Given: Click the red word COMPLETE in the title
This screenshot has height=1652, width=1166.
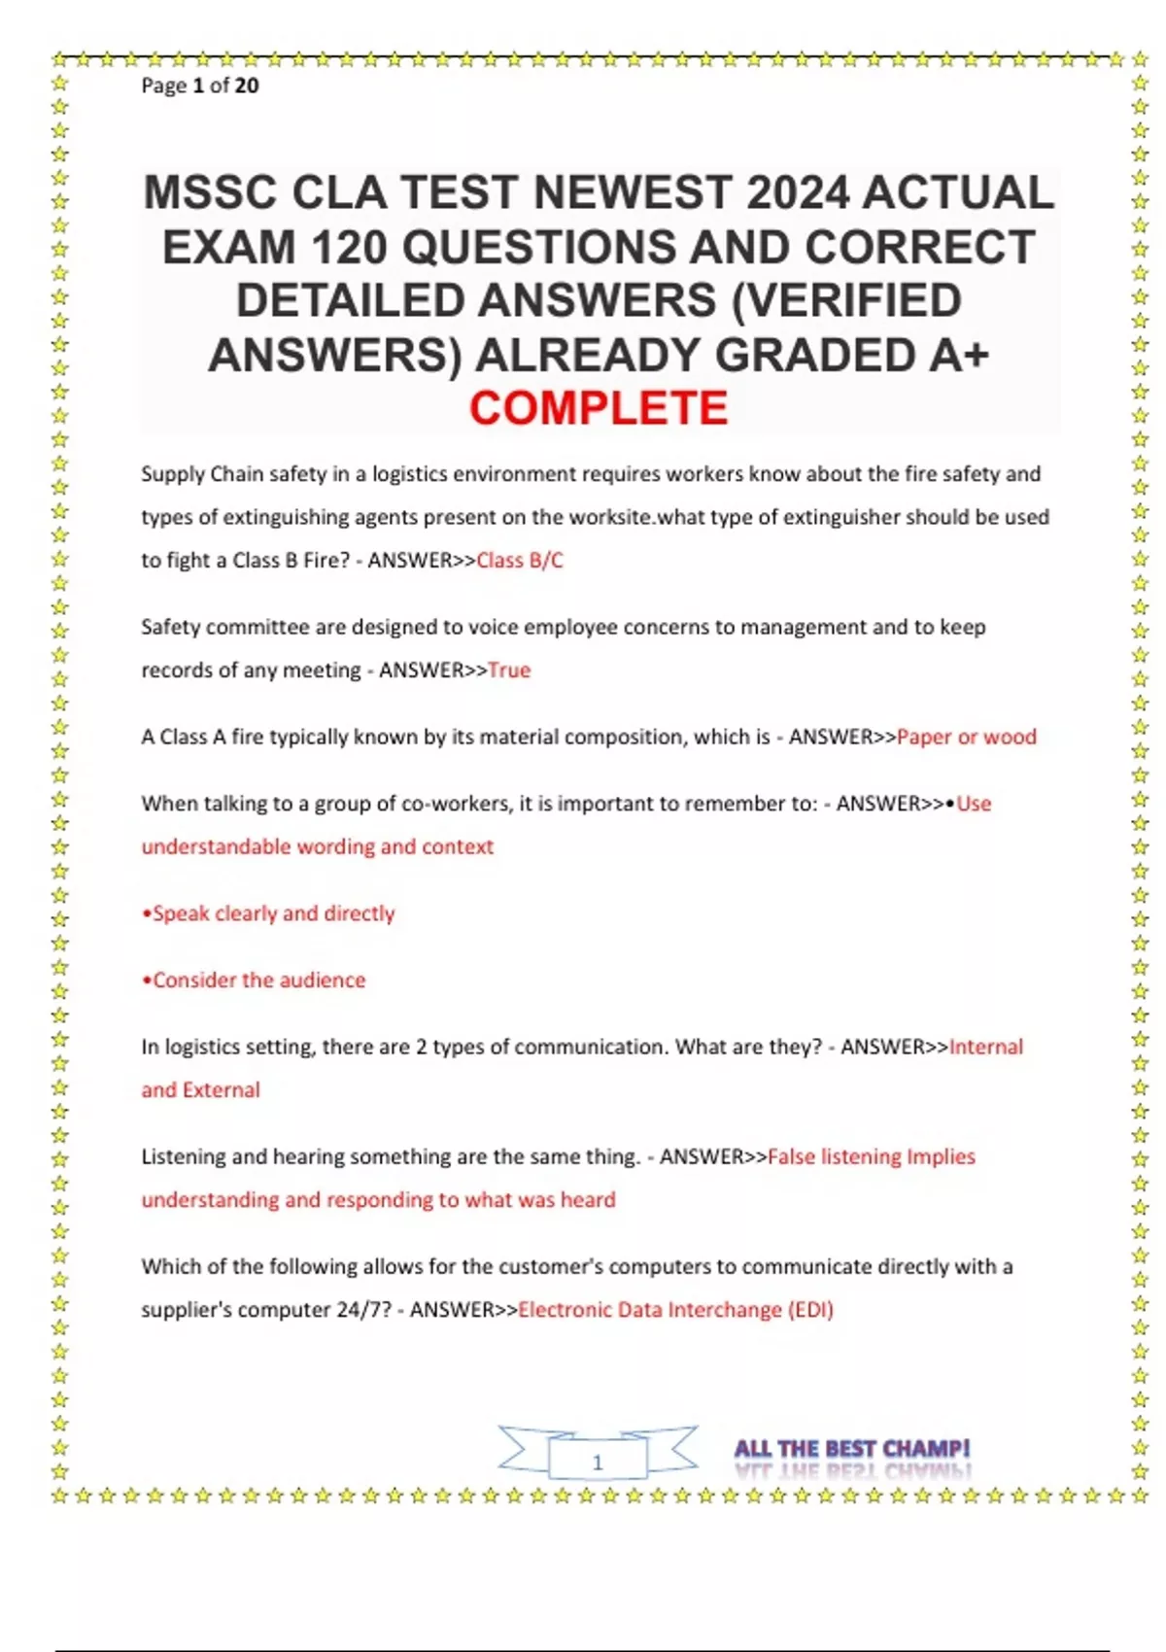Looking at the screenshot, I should [599, 408].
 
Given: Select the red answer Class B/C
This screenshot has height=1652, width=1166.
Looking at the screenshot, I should [520, 561].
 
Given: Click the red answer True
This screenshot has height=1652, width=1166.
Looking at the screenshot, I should [509, 671].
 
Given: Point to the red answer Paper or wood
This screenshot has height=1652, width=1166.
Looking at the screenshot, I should [967, 738].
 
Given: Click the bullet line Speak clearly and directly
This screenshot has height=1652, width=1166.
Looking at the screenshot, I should [269, 913].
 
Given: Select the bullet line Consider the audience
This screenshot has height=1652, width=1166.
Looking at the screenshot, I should [255, 981].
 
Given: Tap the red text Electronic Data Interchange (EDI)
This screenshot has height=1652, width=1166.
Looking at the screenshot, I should [675, 1310].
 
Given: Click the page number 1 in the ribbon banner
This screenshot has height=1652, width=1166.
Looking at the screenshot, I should [598, 1462].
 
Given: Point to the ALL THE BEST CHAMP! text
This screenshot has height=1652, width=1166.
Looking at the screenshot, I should [852, 1449].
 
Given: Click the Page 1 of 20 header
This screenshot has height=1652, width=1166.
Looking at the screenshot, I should [200, 86].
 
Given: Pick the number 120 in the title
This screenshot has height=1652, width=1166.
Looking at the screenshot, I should [350, 247].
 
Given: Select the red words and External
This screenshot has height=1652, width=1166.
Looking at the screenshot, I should [201, 1090].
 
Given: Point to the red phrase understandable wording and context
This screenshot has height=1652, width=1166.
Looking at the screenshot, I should [318, 847].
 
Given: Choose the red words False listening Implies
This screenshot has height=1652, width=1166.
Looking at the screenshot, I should [872, 1157].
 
